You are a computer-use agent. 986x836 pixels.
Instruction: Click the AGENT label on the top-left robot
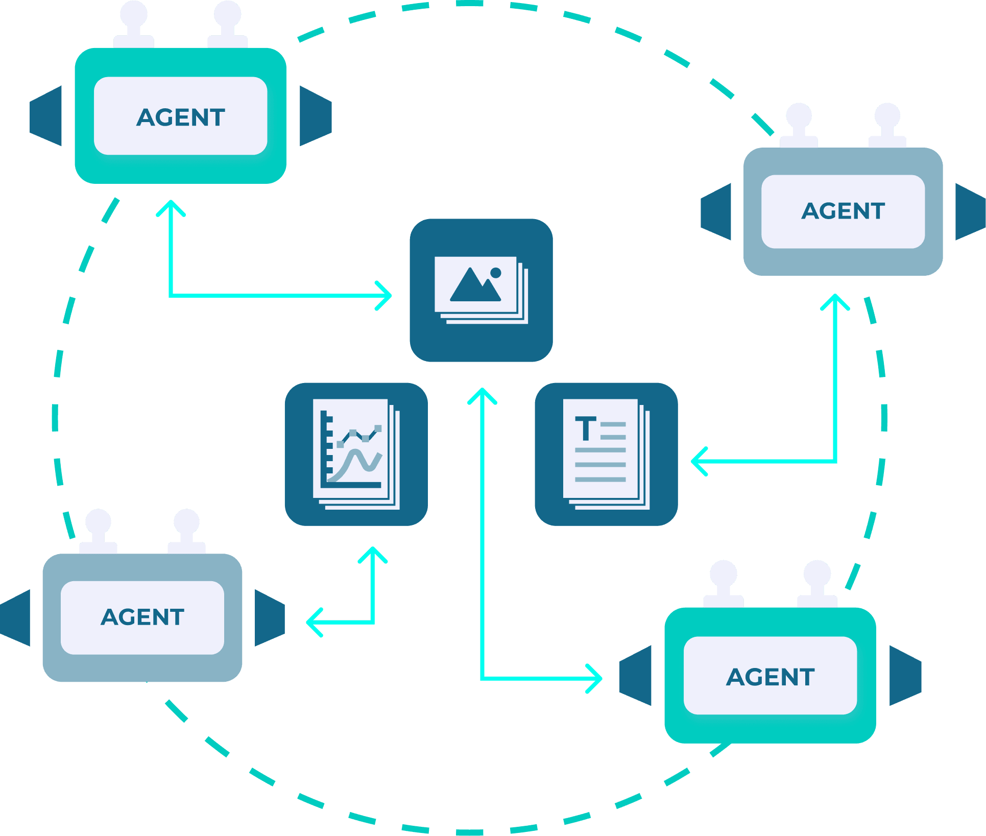(181, 117)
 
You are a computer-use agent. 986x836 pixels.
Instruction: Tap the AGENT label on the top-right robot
(843, 211)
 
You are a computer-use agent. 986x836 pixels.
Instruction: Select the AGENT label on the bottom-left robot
(142, 617)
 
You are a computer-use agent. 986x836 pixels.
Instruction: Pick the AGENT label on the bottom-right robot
(770, 677)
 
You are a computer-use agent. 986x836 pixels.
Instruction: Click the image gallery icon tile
(481, 290)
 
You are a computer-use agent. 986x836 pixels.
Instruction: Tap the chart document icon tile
(356, 454)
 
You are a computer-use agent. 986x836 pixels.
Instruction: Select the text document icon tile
(606, 454)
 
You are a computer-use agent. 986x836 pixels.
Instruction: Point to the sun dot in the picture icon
(495, 273)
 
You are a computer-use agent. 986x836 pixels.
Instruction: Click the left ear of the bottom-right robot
(636, 676)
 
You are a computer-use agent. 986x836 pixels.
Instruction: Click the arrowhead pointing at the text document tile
(698, 461)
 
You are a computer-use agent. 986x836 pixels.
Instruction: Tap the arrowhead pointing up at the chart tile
(373, 555)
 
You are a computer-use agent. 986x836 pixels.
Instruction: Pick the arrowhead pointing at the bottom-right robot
(595, 678)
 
